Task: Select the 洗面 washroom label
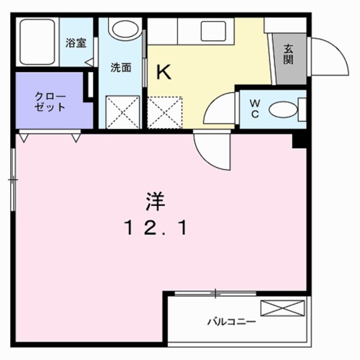pos(120,68)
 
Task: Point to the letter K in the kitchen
pos(163,72)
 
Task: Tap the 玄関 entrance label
pos(288,55)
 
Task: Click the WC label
pos(254,109)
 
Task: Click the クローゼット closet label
pos(50,102)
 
